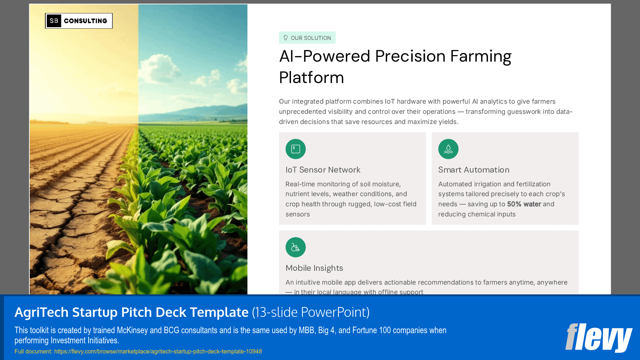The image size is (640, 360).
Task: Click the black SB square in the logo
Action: (54, 21)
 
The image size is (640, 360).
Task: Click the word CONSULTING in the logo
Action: (86, 21)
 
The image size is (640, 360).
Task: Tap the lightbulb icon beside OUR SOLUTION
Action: (286, 38)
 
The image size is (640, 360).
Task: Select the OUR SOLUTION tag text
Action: (311, 38)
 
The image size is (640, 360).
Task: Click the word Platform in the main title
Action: (311, 78)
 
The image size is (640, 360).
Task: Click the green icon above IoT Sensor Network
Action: (295, 149)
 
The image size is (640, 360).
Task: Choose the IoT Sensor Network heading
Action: (323, 170)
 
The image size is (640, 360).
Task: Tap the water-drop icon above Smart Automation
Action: (448, 149)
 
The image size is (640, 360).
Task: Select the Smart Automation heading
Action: (473, 170)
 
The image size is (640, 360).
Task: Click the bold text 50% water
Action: (524, 204)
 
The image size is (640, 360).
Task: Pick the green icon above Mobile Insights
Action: (295, 247)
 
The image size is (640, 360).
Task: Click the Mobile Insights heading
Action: (314, 268)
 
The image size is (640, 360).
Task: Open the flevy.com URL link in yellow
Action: (158, 351)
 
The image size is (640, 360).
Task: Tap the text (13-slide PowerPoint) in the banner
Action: (311, 312)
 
